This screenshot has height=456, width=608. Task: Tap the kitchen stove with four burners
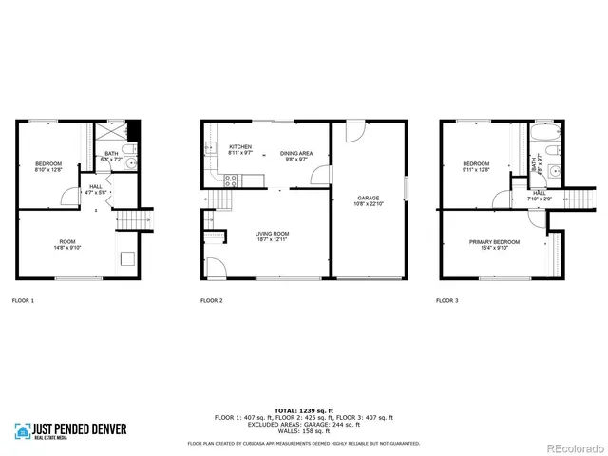click(229, 180)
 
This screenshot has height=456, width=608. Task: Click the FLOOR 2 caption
click(212, 301)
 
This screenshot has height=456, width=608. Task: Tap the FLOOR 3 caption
click(446, 301)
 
